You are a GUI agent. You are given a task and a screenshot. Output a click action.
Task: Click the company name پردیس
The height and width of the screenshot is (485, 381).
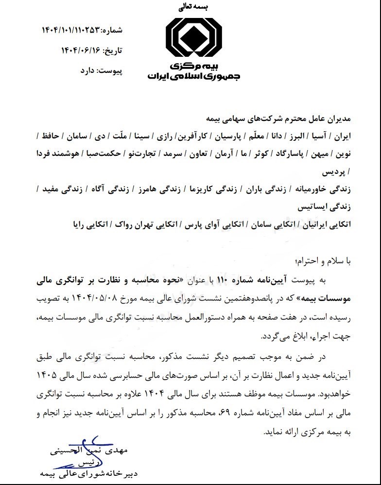[x=331, y=172]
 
